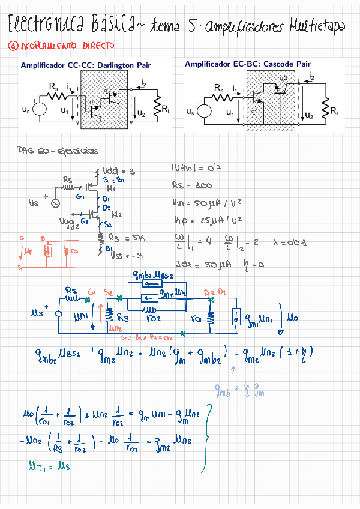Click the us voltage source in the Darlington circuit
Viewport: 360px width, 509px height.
[x=40, y=109]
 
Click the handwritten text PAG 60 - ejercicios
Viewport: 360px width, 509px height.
[x=58, y=151]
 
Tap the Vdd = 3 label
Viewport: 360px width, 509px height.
[x=118, y=171]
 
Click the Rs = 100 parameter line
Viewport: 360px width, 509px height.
[x=192, y=185]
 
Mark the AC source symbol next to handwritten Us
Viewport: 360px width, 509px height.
[x=56, y=204]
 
